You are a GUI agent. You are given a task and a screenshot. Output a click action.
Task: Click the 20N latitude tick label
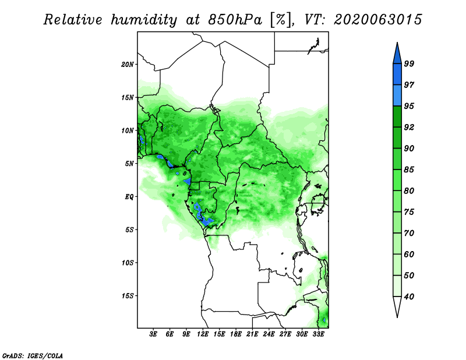click(128, 65)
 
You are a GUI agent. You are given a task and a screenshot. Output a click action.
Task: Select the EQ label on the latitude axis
click(129, 197)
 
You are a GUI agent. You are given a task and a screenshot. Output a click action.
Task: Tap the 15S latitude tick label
click(128, 296)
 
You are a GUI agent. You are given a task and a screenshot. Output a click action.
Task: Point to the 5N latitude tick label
click(129, 164)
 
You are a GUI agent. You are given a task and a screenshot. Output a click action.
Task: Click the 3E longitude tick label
click(153, 334)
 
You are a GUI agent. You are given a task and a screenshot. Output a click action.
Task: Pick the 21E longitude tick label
click(252, 334)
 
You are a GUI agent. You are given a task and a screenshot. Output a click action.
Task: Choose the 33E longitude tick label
click(318, 334)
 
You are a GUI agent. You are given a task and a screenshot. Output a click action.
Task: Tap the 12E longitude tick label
click(203, 334)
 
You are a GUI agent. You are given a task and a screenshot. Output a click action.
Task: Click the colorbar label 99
click(409, 63)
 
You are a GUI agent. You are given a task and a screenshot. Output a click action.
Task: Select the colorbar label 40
click(409, 297)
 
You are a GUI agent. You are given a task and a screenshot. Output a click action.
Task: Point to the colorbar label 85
click(409, 170)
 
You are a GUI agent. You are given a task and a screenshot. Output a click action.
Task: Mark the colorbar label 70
click(409, 233)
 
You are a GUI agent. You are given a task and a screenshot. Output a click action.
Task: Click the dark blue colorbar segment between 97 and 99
click(397, 75)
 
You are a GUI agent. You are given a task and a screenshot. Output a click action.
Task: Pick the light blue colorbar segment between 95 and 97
click(397, 96)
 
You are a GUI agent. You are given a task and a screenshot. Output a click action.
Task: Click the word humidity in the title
click(144, 20)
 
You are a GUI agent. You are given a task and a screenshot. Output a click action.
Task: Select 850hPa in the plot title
click(235, 20)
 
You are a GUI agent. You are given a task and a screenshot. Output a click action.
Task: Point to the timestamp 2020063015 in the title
click(377, 20)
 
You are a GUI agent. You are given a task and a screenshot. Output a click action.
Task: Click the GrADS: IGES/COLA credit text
click(33, 356)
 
